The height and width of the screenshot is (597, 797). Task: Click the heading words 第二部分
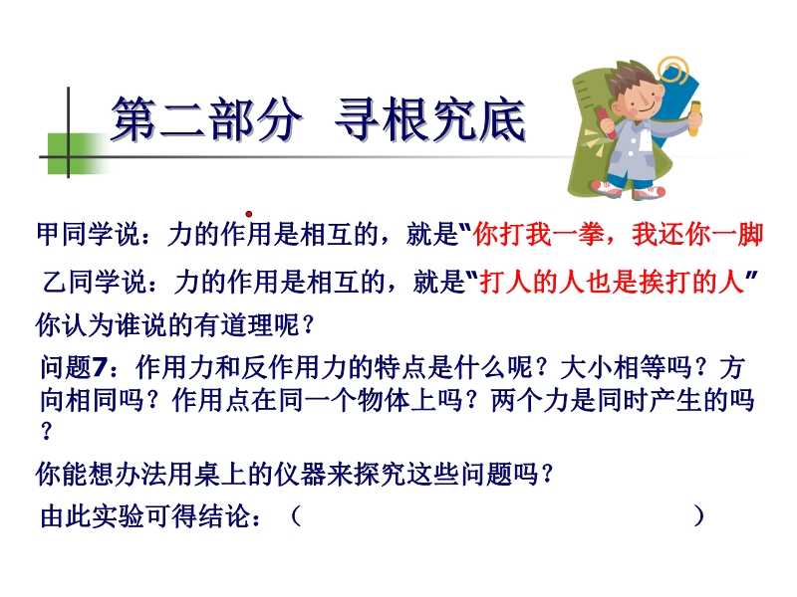(205, 119)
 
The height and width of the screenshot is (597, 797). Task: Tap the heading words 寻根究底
(430, 119)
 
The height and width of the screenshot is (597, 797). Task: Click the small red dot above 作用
(249, 214)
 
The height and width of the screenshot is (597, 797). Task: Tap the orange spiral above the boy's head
(673, 70)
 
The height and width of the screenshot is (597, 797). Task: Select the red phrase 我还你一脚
(697, 235)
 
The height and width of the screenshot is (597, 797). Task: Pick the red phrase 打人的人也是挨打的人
(612, 282)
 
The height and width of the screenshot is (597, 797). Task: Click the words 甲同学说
(89, 235)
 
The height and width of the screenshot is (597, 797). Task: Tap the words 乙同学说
(95, 282)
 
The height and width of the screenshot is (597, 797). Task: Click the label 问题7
(74, 366)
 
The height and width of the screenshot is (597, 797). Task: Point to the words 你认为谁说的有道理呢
(167, 324)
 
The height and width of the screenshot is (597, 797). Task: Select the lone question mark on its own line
(46, 432)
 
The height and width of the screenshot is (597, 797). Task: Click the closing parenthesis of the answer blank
(699, 516)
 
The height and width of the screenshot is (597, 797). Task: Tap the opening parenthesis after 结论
(296, 516)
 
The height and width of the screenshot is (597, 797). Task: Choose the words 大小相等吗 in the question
(626, 366)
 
